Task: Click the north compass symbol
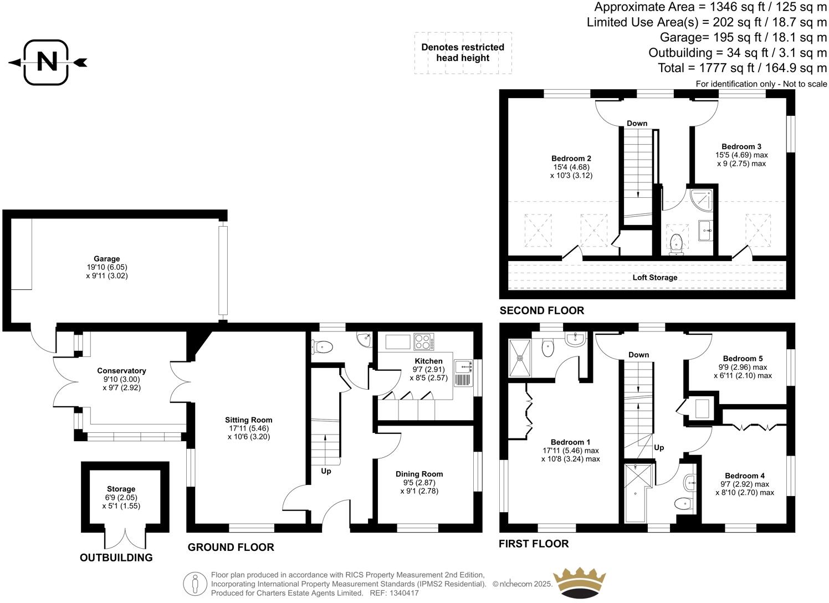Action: [x=48, y=62]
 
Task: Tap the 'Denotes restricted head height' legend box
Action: [x=463, y=53]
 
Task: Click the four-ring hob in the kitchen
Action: [x=424, y=341]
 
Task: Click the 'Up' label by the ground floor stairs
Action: [x=326, y=471]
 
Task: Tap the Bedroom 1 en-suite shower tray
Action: [x=520, y=357]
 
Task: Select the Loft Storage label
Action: [x=654, y=277]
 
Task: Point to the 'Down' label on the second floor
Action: [x=637, y=123]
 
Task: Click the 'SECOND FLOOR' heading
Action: [x=541, y=310]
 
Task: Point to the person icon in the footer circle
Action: [x=195, y=583]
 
